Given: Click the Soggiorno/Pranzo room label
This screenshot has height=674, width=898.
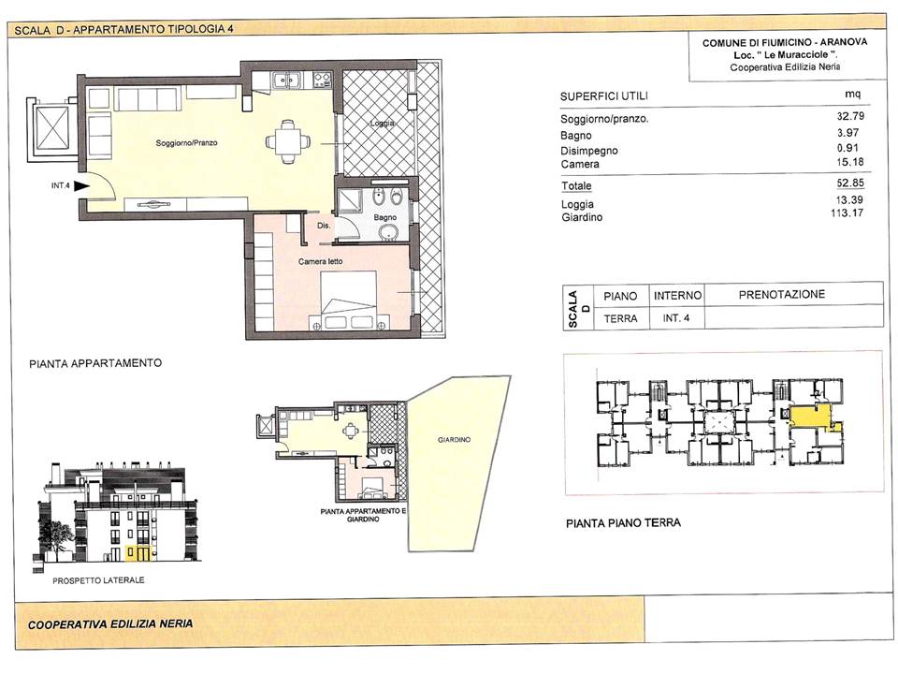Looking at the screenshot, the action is [x=187, y=142].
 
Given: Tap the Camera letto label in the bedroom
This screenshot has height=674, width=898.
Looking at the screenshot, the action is [x=320, y=261].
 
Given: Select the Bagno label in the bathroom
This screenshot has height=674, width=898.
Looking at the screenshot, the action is [x=384, y=218].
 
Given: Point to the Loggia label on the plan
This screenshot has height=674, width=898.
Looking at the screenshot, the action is [x=382, y=124].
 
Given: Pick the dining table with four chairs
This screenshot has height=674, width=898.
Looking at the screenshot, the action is [x=287, y=141].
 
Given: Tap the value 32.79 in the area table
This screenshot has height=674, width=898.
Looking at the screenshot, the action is [x=850, y=116].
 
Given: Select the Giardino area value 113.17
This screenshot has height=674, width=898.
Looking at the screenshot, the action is [x=847, y=213].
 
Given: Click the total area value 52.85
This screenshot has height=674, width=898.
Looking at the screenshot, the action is [x=850, y=183].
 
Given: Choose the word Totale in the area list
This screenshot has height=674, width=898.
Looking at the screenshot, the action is [x=576, y=185].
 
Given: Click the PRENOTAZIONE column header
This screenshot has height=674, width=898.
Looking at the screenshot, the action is [x=782, y=295].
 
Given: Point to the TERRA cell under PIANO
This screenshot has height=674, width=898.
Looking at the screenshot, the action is [x=620, y=318].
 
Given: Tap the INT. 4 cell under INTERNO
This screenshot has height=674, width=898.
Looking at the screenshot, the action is [x=676, y=317].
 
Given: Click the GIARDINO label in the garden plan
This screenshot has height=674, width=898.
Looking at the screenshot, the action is [x=455, y=440].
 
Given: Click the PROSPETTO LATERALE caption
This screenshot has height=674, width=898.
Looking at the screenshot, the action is [x=98, y=580].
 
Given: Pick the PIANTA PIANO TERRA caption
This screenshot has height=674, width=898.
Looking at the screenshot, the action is [x=623, y=523].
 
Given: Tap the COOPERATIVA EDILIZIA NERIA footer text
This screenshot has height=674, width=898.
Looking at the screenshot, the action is [x=110, y=624].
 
